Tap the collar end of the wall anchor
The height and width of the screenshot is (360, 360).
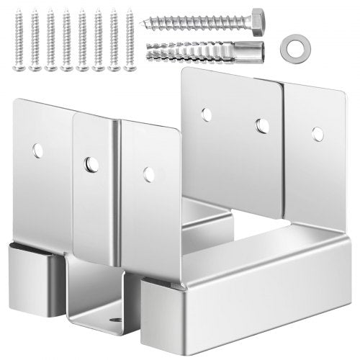(253, 52)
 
